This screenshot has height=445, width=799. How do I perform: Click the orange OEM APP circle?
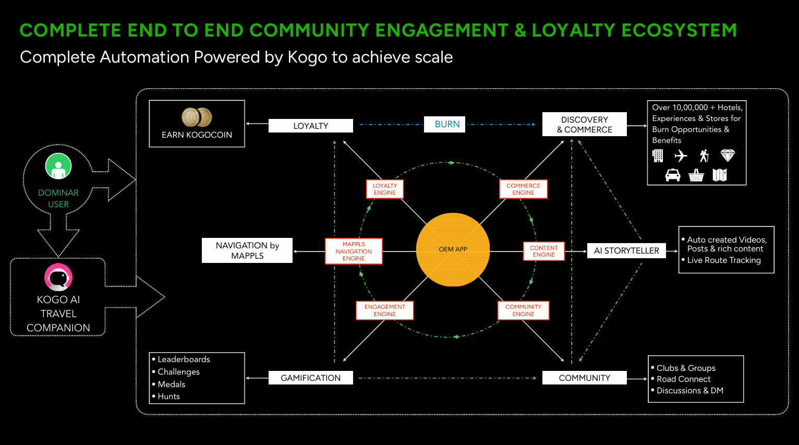click(x=453, y=249)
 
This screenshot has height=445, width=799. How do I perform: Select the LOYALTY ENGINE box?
click(x=384, y=189)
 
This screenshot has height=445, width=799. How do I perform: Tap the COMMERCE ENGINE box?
click(x=523, y=189)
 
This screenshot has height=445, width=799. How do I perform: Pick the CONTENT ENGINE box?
click(x=543, y=251)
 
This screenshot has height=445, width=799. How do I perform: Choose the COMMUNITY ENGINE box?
click(x=523, y=310)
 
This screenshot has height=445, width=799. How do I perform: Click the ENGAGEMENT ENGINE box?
click(x=384, y=310)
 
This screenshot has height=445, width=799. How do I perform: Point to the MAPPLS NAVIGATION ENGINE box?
click(x=354, y=251)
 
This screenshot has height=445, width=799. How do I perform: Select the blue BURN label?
click(x=444, y=124)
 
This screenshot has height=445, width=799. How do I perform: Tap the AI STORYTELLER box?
click(x=626, y=250)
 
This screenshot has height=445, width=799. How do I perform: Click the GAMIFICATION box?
click(x=311, y=378)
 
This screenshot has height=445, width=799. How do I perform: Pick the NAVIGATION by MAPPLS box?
click(x=247, y=250)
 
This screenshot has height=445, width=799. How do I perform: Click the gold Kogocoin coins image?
click(x=197, y=117)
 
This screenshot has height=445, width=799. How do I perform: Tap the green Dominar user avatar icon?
click(x=58, y=166)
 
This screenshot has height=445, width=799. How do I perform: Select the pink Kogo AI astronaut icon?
click(x=58, y=277)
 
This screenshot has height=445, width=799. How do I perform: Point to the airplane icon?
click(x=681, y=155)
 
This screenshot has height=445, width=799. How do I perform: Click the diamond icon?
click(x=728, y=155)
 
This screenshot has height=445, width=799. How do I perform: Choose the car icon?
click(x=673, y=175)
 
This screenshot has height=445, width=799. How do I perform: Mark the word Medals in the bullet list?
click(x=171, y=384)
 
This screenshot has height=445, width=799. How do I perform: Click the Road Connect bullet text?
click(x=683, y=379)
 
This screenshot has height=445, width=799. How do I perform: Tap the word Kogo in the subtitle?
click(x=307, y=57)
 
